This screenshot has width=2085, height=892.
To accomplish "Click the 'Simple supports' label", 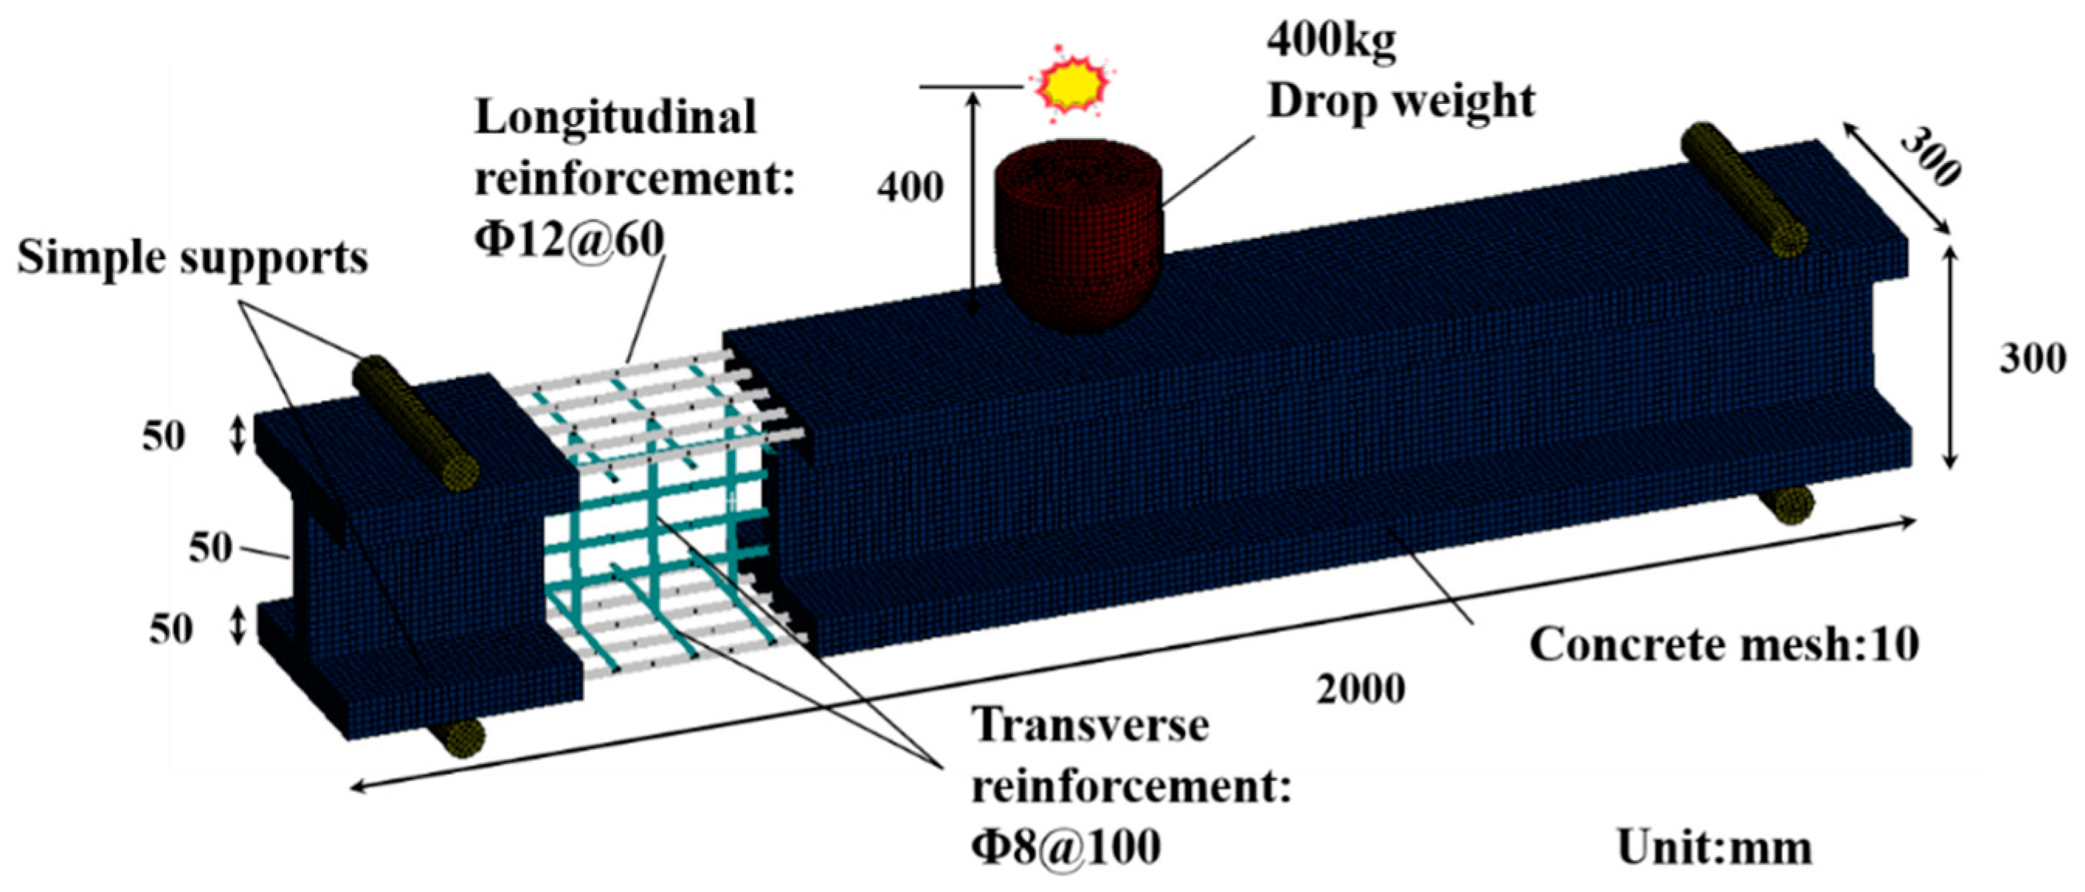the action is pos(192,259).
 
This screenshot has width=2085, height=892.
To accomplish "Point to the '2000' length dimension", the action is pos(1361,690).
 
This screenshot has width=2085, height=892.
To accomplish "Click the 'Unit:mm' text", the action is pos(1715,849).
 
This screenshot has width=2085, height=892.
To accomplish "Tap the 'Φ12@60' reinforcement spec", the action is pos(569,239).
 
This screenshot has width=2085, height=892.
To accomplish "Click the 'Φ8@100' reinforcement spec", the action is pos(1066,847).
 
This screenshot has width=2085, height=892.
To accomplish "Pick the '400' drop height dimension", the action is pos(910,188).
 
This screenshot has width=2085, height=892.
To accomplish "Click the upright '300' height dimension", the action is pos(2032,358).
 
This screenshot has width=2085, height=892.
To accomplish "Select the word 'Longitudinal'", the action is pos(615,117).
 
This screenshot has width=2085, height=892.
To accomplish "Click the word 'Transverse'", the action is pos(1091,724).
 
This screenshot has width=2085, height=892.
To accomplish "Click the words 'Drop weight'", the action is pos(1401,102).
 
